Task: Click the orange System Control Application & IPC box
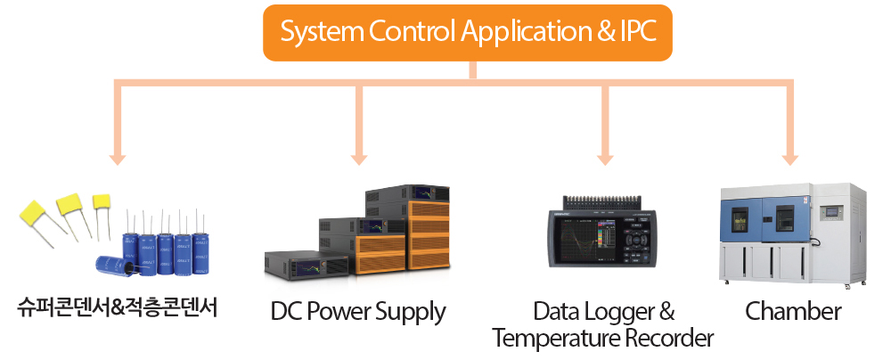(468, 32)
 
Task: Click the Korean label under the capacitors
(118, 309)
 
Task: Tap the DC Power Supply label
(358, 312)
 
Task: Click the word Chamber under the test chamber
(793, 311)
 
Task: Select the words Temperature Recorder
(603, 339)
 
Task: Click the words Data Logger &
(604, 312)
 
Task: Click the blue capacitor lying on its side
(113, 265)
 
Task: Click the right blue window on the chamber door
(785, 219)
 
